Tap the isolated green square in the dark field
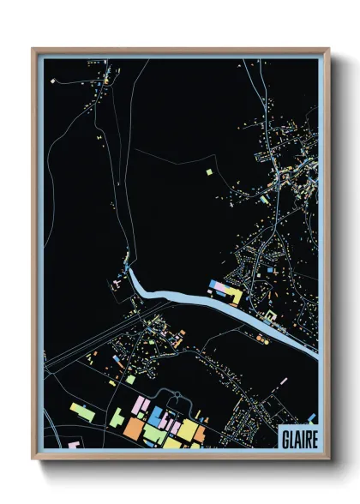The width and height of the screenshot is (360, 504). [x=209, y=172]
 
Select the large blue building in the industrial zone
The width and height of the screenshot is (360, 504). [x=159, y=417]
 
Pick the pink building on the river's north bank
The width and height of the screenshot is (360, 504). [x=218, y=285]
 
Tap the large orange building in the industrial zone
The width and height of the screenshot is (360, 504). [x=136, y=426]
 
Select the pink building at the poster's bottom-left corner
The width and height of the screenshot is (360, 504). [x=71, y=445]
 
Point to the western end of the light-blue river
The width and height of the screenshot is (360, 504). [x=129, y=271]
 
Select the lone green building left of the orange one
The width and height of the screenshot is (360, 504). [x=116, y=417]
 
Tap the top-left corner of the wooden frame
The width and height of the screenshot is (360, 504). [x=32, y=48]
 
